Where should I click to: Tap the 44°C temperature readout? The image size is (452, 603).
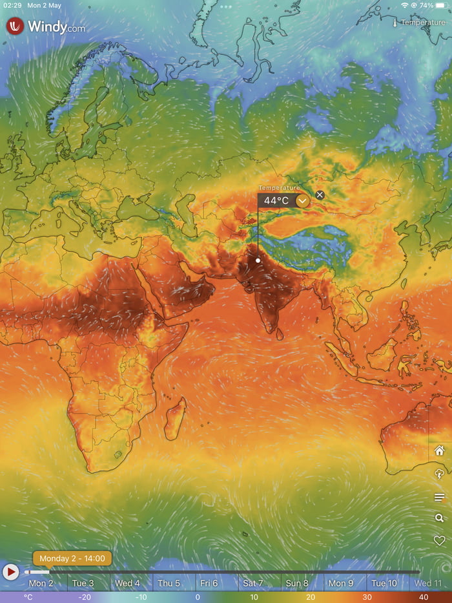[276, 200]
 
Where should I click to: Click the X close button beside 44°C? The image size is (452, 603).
[320, 195]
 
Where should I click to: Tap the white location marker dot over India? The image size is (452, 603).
[258, 260]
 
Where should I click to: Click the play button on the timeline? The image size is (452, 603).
[11, 572]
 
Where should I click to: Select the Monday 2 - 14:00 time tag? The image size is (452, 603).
[72, 558]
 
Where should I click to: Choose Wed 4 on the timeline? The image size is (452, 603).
[127, 583]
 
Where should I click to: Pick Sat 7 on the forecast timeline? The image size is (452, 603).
[253, 583]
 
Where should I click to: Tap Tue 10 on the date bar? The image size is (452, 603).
[384, 583]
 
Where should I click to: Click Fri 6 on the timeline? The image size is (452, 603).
[209, 583]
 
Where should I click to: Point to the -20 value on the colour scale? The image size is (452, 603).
[85, 597]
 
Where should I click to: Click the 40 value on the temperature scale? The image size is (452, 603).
[422, 597]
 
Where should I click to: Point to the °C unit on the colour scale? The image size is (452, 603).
[28, 597]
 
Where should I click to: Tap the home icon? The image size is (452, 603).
[440, 450]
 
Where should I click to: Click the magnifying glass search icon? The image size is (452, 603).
[440, 518]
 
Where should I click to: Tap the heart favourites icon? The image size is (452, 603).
[440, 540]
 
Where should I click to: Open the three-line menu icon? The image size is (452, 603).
[440, 497]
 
